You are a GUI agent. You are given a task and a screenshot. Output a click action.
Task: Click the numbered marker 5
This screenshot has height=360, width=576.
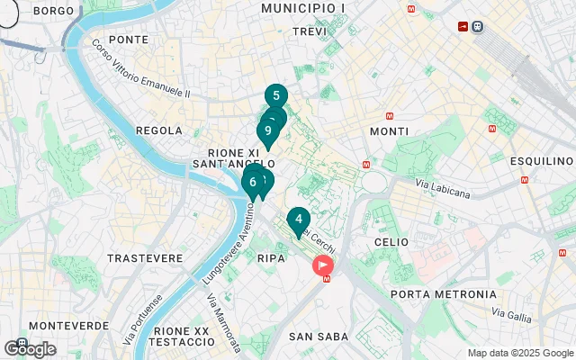(276, 96)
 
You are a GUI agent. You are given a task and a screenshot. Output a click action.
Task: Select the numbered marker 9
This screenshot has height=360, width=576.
(268, 131)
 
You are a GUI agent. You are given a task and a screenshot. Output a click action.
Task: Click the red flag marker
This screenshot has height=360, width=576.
(322, 265)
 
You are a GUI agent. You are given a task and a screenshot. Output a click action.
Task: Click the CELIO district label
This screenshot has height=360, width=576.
(391, 242)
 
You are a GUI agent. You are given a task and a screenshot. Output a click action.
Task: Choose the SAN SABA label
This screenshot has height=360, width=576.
(312, 337)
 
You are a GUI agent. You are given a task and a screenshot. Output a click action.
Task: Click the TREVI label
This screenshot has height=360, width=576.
(310, 31)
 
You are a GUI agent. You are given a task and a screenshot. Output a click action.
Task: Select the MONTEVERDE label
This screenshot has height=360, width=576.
(68, 325)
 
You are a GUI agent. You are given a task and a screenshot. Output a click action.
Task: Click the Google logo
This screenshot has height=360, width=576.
(30, 349)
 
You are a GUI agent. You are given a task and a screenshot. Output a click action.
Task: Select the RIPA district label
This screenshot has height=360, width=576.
(271, 258)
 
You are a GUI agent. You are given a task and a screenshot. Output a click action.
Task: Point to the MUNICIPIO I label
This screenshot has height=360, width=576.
(303, 8)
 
